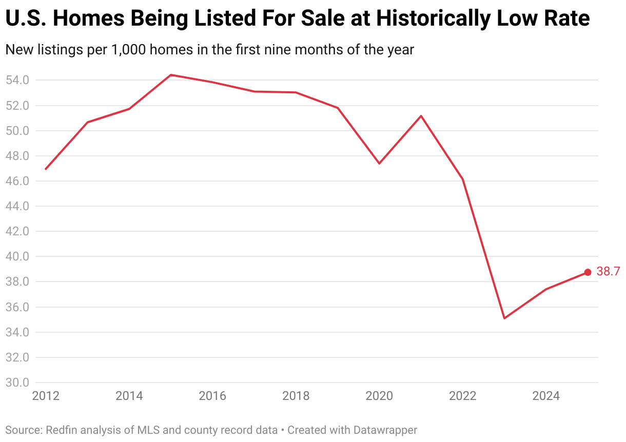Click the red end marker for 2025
pyautogui.click(x=588, y=272)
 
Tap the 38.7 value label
pyautogui.click(x=608, y=272)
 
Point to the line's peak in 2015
pyautogui.click(x=171, y=75)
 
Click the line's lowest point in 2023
pyautogui.click(x=504, y=318)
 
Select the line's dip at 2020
pyautogui.click(x=379, y=164)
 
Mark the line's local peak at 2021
pyautogui.click(x=421, y=115)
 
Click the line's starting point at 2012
pyautogui.click(x=46, y=169)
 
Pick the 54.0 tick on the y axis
pyautogui.click(x=17, y=80)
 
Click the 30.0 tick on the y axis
pyautogui.click(x=17, y=383)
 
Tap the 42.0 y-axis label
pyautogui.click(x=17, y=231)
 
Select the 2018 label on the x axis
pyautogui.click(x=296, y=396)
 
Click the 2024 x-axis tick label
pyautogui.click(x=546, y=396)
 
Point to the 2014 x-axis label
pyautogui.click(x=129, y=396)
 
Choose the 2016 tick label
pyautogui.click(x=212, y=396)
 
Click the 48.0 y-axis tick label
pyautogui.click(x=17, y=156)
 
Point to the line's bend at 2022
pyautogui.click(x=463, y=179)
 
